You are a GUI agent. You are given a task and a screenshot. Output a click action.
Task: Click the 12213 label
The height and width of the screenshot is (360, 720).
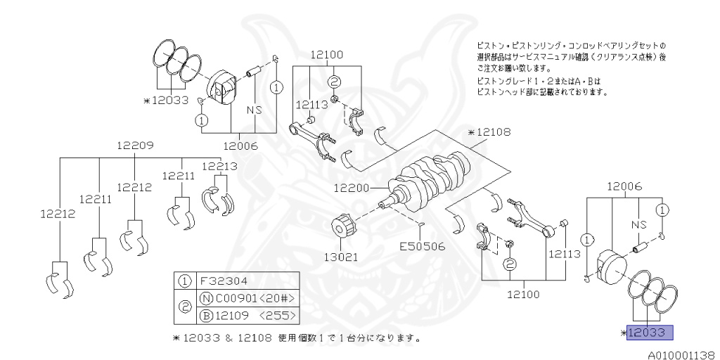219,166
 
